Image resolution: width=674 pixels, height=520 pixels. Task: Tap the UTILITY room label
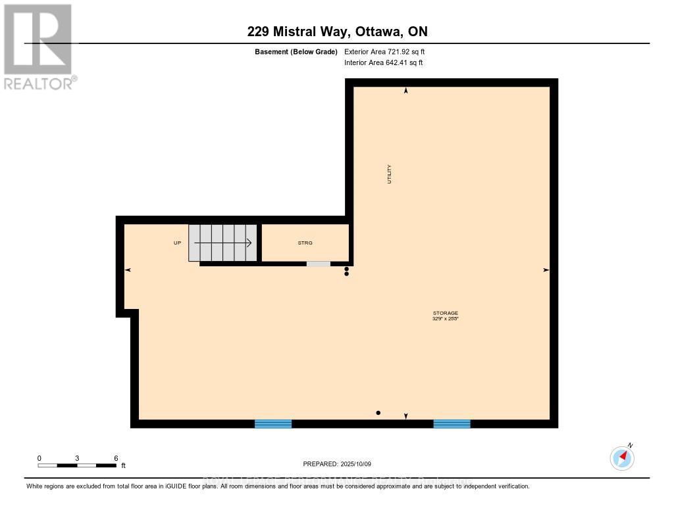point(389,174)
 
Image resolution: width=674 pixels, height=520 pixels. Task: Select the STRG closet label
point(305,243)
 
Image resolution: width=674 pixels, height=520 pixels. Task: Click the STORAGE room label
point(445,313)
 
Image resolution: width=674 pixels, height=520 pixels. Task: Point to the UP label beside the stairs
point(177,243)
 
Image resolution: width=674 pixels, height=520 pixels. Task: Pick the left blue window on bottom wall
point(273,424)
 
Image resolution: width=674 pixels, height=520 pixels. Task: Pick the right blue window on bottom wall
point(452,424)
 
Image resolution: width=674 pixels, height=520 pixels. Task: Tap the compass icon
point(622,458)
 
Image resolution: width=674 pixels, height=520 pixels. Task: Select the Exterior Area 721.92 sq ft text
point(389,51)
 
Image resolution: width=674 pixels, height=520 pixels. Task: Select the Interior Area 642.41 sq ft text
point(383,62)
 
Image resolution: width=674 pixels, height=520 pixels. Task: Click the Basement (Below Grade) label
point(296,51)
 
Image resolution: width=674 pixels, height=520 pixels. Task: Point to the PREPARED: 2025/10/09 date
point(336,463)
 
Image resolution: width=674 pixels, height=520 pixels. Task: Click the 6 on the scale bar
point(116,458)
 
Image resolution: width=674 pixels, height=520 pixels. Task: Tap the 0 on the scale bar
point(39,458)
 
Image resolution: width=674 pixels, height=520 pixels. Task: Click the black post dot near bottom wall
point(378,413)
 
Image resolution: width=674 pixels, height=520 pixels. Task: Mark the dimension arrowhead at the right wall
point(546,270)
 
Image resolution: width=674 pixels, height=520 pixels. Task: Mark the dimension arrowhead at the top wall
point(405,91)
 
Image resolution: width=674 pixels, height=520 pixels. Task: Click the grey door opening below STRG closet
point(319,264)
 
